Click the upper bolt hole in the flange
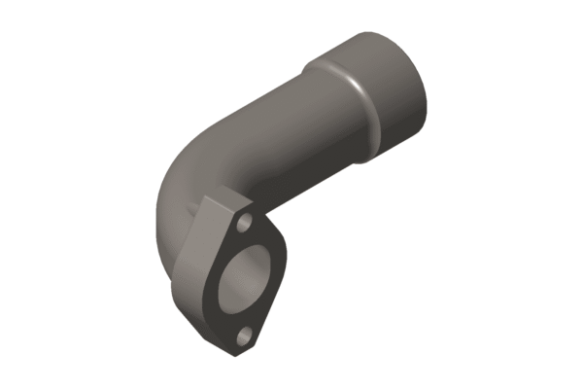tap(245, 226)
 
